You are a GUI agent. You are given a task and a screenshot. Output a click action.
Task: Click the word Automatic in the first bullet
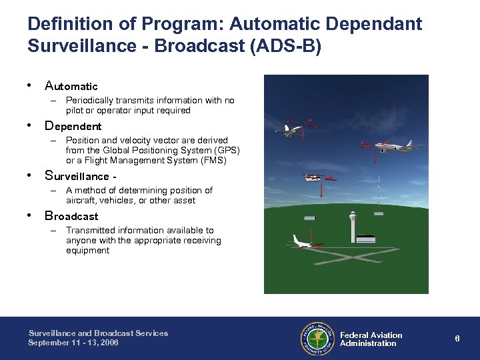point(71,86)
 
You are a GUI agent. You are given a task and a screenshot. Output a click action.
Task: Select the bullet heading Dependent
point(73,126)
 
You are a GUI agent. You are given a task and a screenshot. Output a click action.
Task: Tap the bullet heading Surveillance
point(76,176)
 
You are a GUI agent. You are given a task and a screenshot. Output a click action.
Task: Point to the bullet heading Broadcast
point(71,216)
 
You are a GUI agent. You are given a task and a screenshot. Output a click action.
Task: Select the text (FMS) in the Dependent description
point(212,160)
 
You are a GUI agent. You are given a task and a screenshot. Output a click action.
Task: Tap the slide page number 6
point(457,339)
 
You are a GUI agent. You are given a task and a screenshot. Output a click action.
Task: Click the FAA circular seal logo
point(317,338)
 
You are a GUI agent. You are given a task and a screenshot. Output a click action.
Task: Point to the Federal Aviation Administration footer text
point(371,339)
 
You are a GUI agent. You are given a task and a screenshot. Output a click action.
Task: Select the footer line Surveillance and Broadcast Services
point(98,333)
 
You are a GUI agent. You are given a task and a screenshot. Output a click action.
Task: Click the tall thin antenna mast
point(378,193)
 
